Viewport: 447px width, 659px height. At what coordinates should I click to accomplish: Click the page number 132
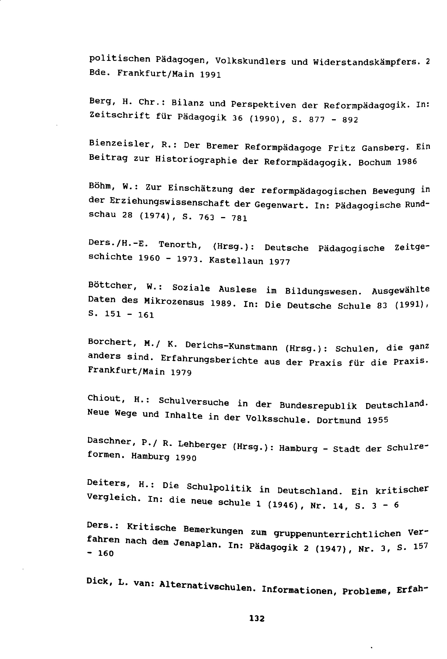point(257,618)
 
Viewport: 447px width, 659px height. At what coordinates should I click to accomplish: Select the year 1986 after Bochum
point(407,162)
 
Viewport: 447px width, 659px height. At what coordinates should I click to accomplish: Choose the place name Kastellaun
point(236,261)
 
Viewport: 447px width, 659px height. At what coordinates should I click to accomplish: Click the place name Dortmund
point(339,420)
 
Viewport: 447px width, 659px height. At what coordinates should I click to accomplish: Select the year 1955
point(377,420)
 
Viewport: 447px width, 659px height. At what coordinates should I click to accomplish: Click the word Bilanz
point(187,103)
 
